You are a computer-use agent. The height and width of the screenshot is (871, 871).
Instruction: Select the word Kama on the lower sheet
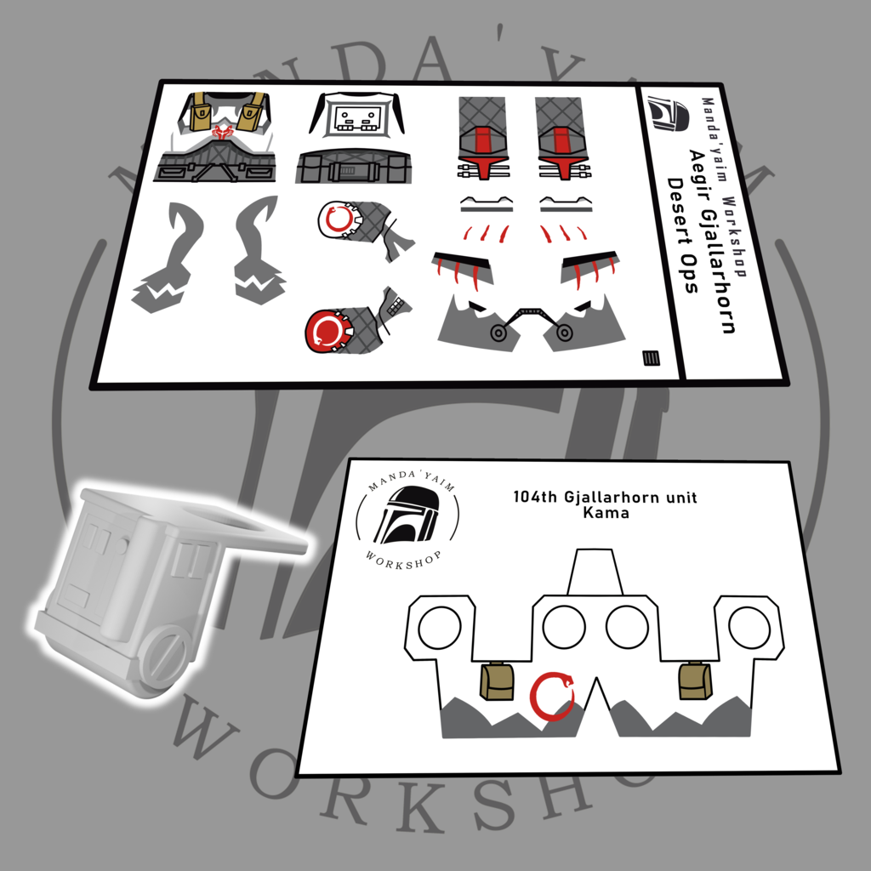(606, 511)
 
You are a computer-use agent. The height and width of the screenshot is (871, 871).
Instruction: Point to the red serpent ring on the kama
(551, 696)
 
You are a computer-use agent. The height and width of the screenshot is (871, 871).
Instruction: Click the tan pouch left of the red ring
(497, 681)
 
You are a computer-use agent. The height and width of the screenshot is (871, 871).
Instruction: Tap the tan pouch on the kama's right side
(695, 681)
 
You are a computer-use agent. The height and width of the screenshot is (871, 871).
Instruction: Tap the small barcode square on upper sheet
(651, 358)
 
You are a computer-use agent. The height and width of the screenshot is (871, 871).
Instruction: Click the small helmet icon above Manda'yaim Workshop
(669, 113)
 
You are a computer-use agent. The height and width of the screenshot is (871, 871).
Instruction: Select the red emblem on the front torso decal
(224, 132)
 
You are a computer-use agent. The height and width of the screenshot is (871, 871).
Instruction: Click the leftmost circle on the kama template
(440, 628)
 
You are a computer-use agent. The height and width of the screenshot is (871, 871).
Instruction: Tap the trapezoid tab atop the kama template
(595, 572)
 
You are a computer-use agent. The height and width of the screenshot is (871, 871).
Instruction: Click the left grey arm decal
(167, 259)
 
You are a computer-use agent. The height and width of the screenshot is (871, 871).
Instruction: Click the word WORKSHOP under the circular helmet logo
(404, 561)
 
